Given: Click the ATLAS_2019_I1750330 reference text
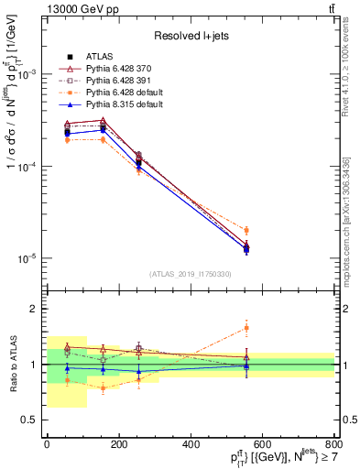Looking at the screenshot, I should click(191, 274).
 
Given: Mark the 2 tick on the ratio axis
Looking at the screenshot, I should click(38, 310).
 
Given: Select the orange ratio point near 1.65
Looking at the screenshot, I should click(246, 327).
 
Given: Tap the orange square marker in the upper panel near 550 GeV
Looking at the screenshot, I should click(246, 230).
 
